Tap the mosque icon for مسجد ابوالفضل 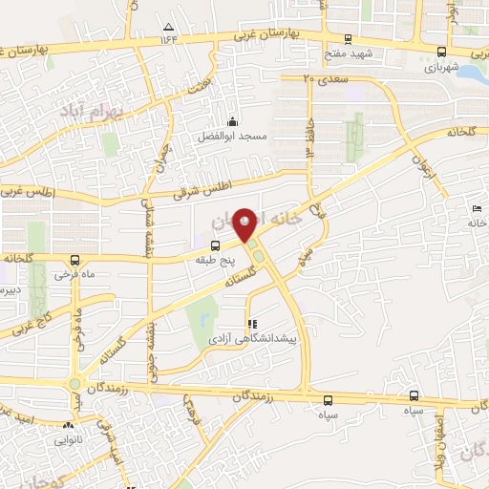click(233, 121)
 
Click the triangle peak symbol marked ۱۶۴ click(169, 27)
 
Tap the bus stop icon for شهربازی click(440, 53)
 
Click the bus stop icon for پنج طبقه click(214, 244)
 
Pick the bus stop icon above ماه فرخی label click(74, 260)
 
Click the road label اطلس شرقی click(202, 190)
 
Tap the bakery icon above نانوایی click(68, 427)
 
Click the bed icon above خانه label click(477, 209)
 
